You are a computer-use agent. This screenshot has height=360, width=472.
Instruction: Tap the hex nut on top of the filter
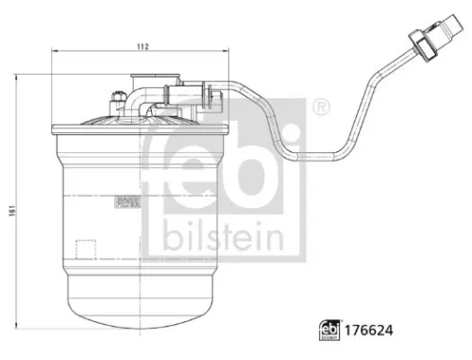click(x=116, y=95)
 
